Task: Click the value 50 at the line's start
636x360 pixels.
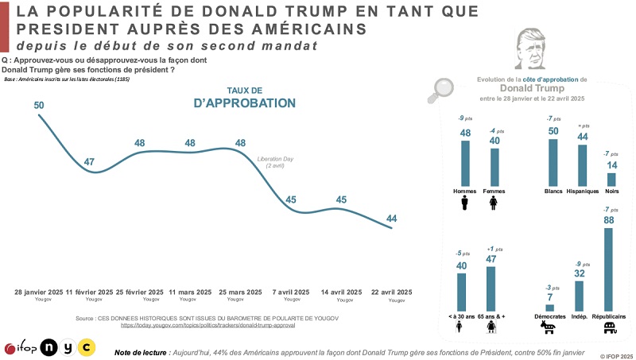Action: [39, 105]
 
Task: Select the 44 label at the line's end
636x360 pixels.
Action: [392, 219]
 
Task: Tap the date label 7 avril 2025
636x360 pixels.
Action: [292, 292]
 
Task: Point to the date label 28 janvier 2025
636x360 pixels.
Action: [39, 292]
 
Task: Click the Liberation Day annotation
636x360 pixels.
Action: [275, 161]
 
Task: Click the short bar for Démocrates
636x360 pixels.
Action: [549, 308]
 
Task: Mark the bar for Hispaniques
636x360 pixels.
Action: [583, 165]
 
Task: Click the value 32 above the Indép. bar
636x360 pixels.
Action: [579, 274]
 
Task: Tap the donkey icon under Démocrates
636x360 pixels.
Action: [549, 327]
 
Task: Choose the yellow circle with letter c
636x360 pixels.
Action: [85, 346]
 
